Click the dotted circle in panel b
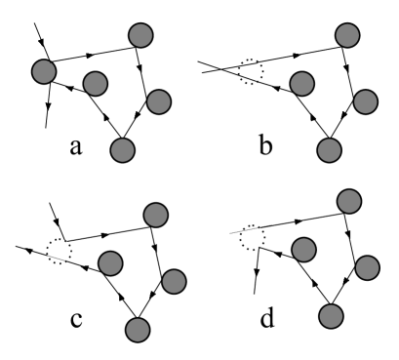tap(250, 70)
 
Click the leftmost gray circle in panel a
tap(44, 71)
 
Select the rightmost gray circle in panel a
tap(158, 100)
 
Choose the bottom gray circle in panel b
tap(330, 150)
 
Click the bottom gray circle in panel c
tap(140, 328)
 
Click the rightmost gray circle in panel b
tap(364, 100)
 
